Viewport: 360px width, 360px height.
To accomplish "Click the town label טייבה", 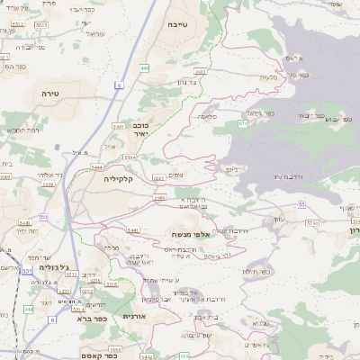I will (x=177, y=27).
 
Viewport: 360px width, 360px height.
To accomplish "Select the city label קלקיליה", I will (x=118, y=179).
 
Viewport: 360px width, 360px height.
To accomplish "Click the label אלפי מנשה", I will (x=190, y=234).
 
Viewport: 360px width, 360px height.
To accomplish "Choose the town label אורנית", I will (x=133, y=316).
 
